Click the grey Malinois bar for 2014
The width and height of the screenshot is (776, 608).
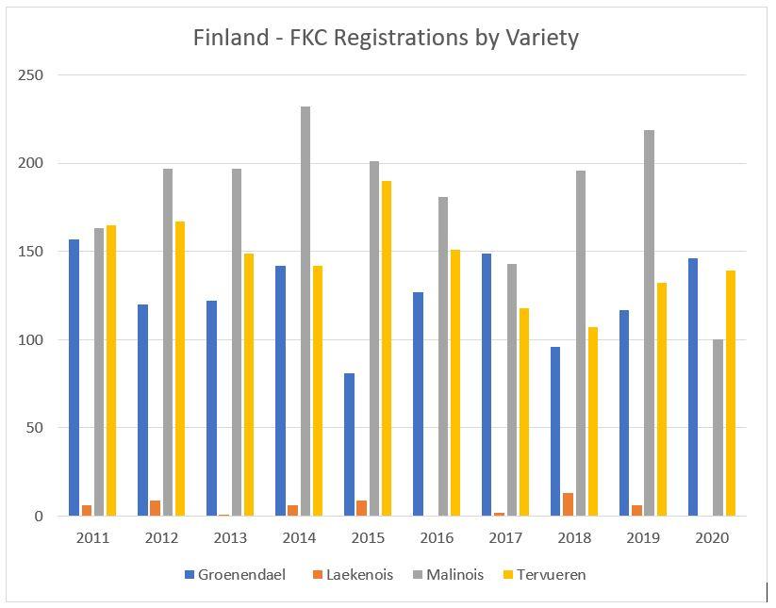point(305,311)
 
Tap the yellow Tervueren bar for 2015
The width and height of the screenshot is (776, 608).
point(386,349)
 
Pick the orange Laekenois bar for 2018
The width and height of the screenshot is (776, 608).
point(568,504)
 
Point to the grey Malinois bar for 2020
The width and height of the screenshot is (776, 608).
point(718,428)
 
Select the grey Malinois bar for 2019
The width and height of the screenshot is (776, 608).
point(649,323)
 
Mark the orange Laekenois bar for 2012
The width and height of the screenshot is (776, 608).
point(155,508)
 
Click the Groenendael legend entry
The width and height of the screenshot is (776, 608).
point(235,574)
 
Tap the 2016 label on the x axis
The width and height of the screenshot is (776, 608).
point(438,538)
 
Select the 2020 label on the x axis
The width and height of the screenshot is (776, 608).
point(712,538)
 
